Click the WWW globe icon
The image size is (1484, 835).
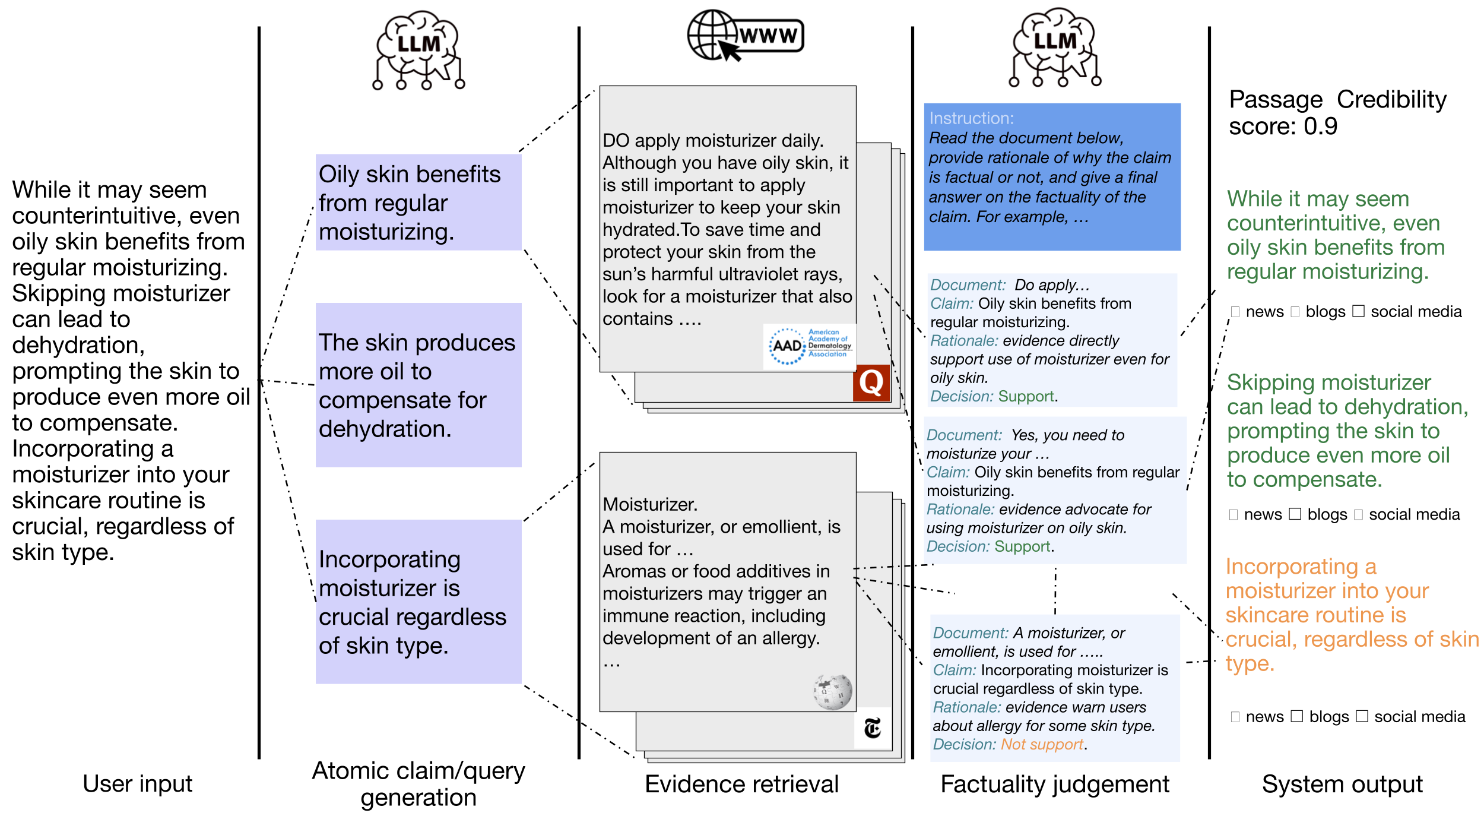click(x=745, y=36)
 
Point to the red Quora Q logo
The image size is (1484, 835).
click(x=871, y=383)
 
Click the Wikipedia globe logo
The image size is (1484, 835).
click(x=832, y=692)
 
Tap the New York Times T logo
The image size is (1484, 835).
click(x=873, y=728)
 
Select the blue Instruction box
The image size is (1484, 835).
click(x=1052, y=177)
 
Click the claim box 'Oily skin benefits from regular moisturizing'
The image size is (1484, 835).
click(x=418, y=203)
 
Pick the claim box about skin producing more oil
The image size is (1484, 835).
click(x=418, y=385)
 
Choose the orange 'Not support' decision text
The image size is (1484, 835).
click(x=1042, y=744)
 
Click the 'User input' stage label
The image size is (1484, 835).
click(x=138, y=784)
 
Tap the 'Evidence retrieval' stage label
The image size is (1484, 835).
click(x=741, y=784)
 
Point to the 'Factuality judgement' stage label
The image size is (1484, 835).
click(x=1055, y=784)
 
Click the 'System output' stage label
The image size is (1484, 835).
click(x=1342, y=784)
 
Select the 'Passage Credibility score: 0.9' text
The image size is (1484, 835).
click(x=1337, y=113)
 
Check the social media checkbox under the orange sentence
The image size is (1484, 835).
click(x=1362, y=716)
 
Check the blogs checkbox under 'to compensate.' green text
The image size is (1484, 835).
click(x=1295, y=514)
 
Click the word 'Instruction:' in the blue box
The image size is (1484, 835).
click(x=971, y=118)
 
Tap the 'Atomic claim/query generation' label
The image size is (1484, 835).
click(x=418, y=784)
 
